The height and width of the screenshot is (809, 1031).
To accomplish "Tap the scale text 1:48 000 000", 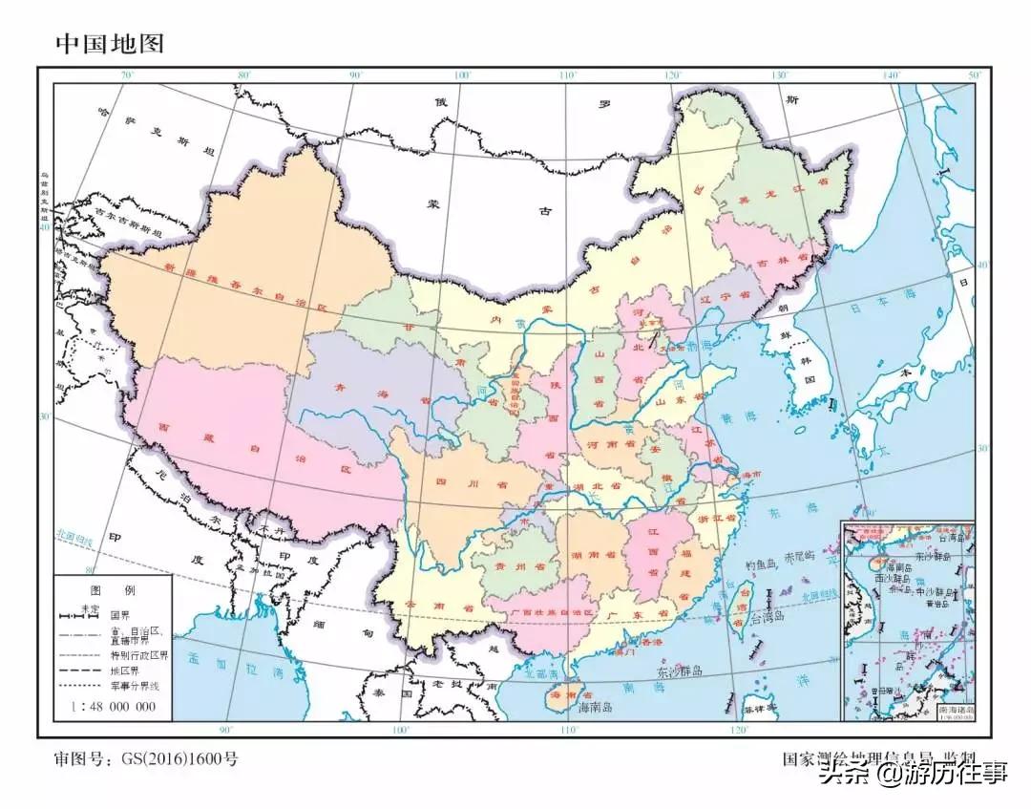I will click(x=113, y=706).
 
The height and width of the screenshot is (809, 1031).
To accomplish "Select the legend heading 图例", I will click(x=112, y=590).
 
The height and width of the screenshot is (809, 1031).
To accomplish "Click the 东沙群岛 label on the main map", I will click(x=680, y=672).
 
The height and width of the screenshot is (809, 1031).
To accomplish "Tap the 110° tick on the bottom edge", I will click(x=570, y=731).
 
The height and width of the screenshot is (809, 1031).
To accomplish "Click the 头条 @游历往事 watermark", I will click(x=916, y=774).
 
